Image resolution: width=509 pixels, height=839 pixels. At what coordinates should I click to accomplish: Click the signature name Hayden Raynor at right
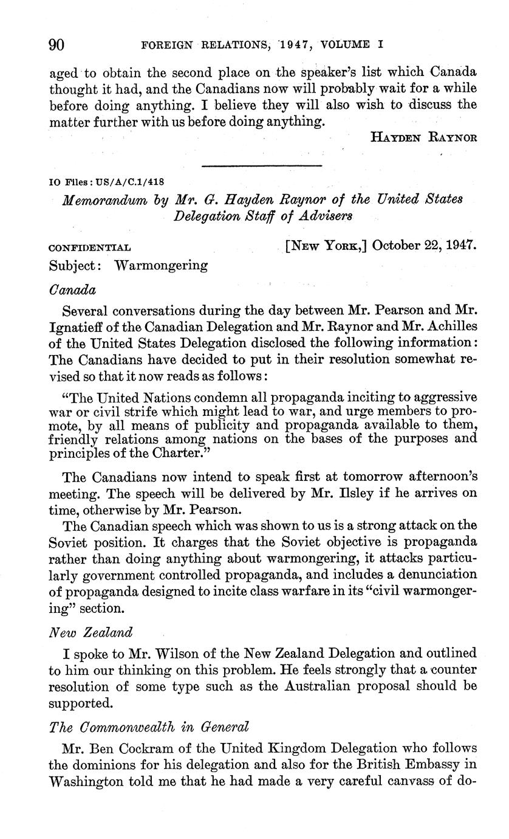423,137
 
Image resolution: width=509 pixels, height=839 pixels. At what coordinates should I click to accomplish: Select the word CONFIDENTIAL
89,248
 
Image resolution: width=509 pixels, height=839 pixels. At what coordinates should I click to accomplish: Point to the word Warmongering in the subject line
161,266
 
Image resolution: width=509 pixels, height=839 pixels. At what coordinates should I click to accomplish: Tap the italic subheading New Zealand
90,632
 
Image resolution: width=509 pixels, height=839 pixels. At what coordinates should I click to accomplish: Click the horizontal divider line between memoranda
261,165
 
